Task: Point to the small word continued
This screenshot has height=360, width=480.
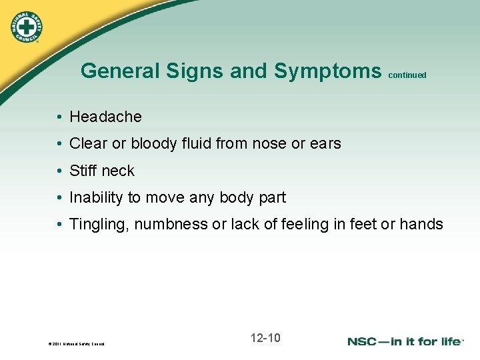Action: click(x=406, y=75)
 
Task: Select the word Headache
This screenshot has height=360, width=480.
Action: click(x=105, y=117)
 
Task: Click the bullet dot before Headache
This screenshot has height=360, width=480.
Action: click(x=59, y=117)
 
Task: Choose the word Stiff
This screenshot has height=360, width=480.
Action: click(x=83, y=171)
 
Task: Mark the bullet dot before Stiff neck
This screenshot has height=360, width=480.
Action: click(x=59, y=171)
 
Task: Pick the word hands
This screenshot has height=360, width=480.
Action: click(x=421, y=224)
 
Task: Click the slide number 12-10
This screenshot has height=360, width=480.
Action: click(x=265, y=338)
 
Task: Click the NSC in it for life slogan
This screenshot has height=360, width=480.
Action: click(x=405, y=341)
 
